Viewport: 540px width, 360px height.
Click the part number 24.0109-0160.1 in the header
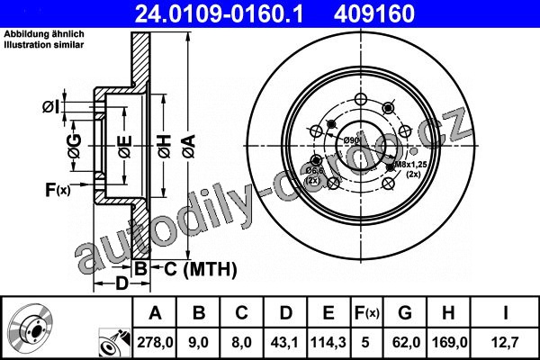click(x=219, y=13)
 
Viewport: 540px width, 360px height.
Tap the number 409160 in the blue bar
click(x=374, y=13)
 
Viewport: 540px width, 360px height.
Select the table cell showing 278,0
click(x=155, y=343)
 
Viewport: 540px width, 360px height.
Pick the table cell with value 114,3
click(x=328, y=343)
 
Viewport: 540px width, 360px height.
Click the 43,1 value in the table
click(x=285, y=343)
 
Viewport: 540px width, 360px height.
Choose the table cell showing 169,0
click(x=449, y=343)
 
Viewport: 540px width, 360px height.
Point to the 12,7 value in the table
click(x=505, y=343)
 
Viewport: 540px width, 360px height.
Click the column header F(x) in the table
click(x=366, y=313)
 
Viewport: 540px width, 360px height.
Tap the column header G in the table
click(x=405, y=313)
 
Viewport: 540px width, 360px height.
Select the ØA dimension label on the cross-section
click(x=189, y=147)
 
